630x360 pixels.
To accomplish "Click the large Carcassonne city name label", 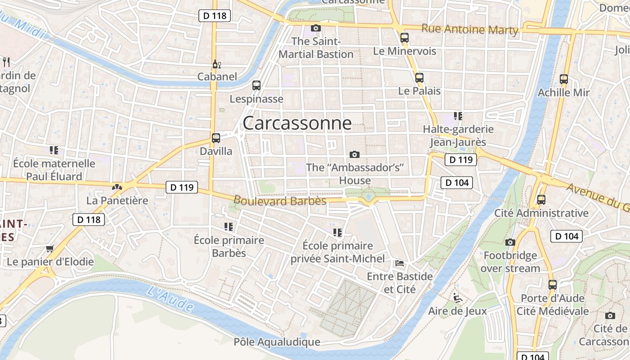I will coord(297,123).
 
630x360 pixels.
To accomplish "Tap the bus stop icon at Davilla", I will coord(216,138).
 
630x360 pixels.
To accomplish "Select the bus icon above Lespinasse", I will coord(256,85).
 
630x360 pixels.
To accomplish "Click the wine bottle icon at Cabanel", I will coord(216,64).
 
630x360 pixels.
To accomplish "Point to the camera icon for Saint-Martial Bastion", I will coord(316,28).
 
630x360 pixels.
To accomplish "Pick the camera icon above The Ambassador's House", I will coord(355,154).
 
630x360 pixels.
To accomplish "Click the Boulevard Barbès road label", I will coord(279,201).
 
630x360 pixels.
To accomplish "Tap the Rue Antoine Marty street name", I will coord(470,30).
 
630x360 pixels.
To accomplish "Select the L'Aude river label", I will coord(171,298).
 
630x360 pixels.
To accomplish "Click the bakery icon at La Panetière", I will coord(117,186).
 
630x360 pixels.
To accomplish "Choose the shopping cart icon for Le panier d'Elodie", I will coord(50,248).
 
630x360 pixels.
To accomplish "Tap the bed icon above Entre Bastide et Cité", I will coord(400,263).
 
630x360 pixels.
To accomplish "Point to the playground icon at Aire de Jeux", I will coord(457,297).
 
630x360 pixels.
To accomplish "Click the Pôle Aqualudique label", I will coord(277,342).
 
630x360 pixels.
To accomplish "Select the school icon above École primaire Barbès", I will coord(229,226).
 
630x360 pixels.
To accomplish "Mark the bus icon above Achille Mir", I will coord(564,79).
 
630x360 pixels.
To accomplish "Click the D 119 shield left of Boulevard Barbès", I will coord(182,187).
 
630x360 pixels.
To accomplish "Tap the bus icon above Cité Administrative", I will coord(541,199).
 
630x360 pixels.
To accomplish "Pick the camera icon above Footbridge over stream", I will coord(510,242).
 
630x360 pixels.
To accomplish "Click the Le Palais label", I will coord(419,91).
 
